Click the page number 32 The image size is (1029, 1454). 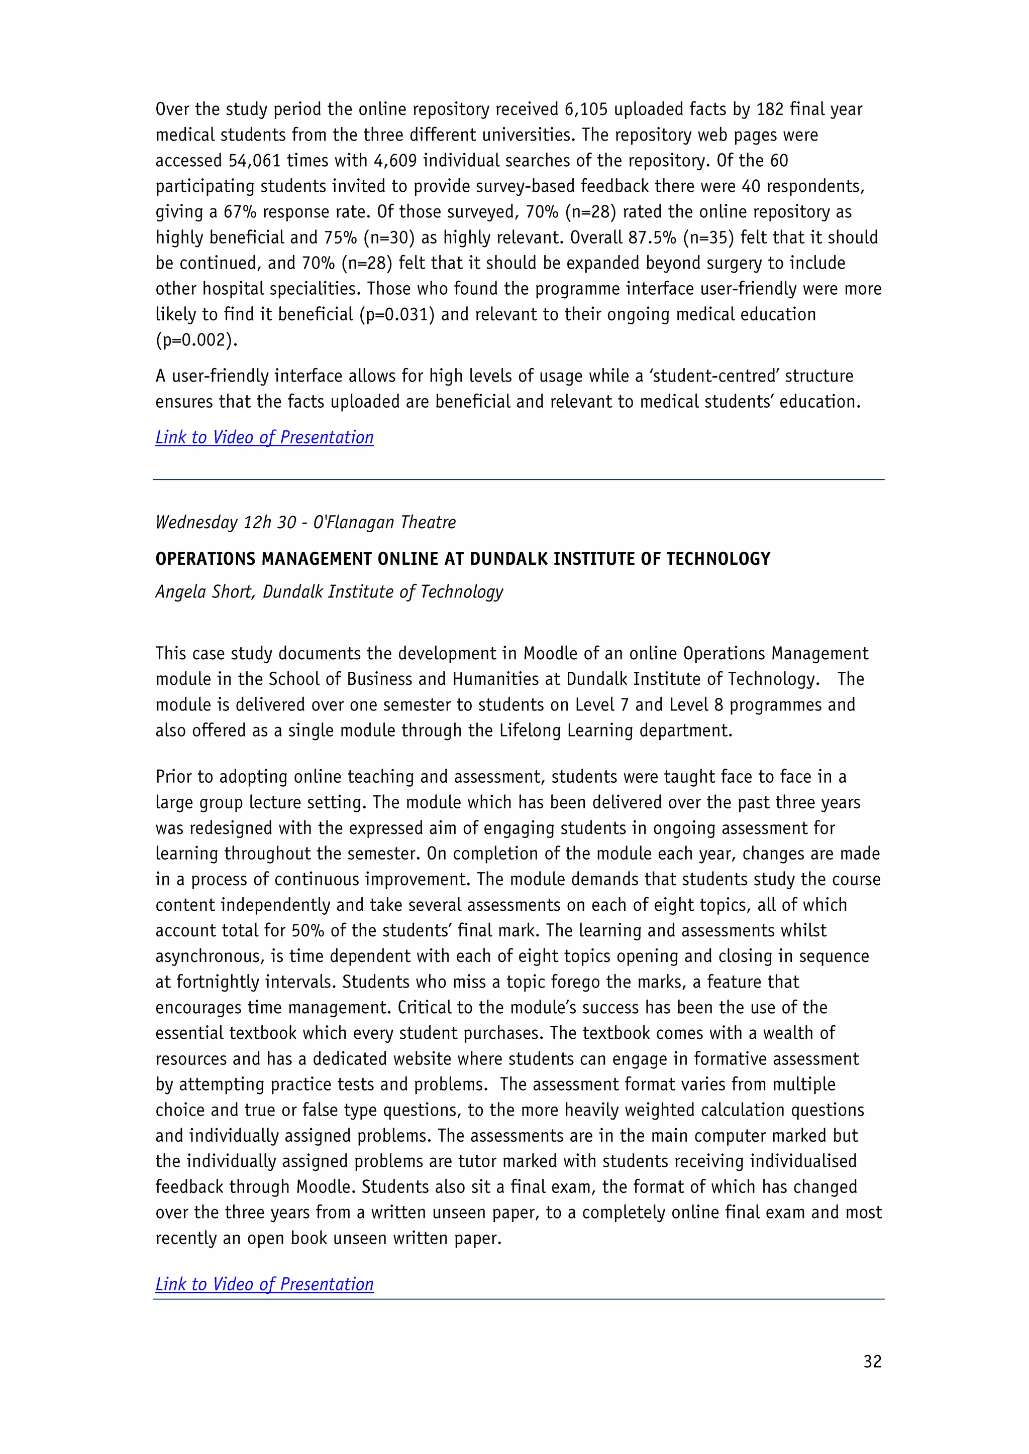tap(872, 1361)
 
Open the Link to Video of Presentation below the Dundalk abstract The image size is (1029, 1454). tap(264, 1284)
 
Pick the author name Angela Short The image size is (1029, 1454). tap(204, 591)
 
